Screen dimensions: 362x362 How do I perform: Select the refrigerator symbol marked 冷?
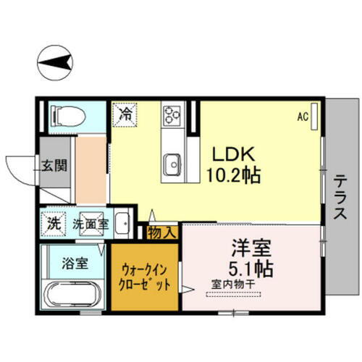(125, 114)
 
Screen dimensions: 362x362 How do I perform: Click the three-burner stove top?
(173, 114)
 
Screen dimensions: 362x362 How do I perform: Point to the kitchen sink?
(172, 164)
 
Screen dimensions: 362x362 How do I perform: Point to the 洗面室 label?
(90, 224)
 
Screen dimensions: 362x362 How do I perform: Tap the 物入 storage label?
(162, 232)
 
